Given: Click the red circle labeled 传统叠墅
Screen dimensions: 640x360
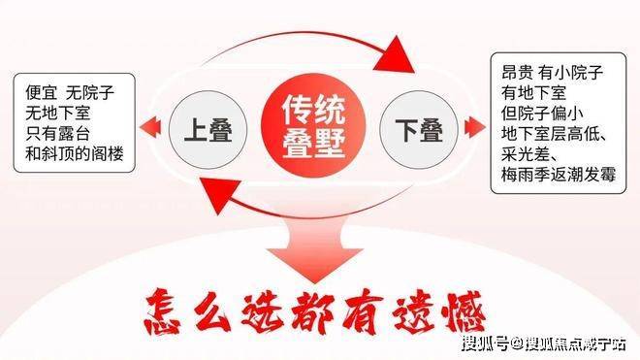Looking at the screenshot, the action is (x=314, y=126).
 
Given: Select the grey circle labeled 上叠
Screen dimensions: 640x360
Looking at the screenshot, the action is (x=208, y=129).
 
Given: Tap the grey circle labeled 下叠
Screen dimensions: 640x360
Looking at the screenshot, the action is (x=419, y=129).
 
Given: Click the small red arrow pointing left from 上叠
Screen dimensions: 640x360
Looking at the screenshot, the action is (x=150, y=127).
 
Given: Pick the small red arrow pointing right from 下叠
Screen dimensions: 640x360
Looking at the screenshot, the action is (x=475, y=127).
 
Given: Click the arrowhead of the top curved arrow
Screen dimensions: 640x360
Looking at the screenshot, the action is (x=395, y=55).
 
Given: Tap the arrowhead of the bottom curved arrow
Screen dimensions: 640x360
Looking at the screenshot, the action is (x=219, y=195).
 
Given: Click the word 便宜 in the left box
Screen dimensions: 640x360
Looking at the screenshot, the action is (x=42, y=92).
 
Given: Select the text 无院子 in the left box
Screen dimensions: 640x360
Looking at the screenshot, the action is (x=90, y=92).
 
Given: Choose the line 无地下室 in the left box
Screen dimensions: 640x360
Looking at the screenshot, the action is (x=57, y=113).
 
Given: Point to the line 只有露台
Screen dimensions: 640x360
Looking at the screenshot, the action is (x=57, y=133).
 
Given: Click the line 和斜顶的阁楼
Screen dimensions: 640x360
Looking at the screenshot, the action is (x=75, y=153).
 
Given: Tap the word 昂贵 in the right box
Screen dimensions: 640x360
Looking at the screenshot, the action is (x=518, y=73).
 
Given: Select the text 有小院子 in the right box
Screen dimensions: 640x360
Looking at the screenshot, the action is (x=570, y=73).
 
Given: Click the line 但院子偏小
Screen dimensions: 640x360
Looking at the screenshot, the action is (x=542, y=114).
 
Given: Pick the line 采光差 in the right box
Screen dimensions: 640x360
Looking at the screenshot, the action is (x=526, y=154).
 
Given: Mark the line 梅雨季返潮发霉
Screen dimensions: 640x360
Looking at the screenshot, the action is (x=559, y=175).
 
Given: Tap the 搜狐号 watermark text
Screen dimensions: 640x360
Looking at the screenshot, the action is (x=486, y=344).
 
